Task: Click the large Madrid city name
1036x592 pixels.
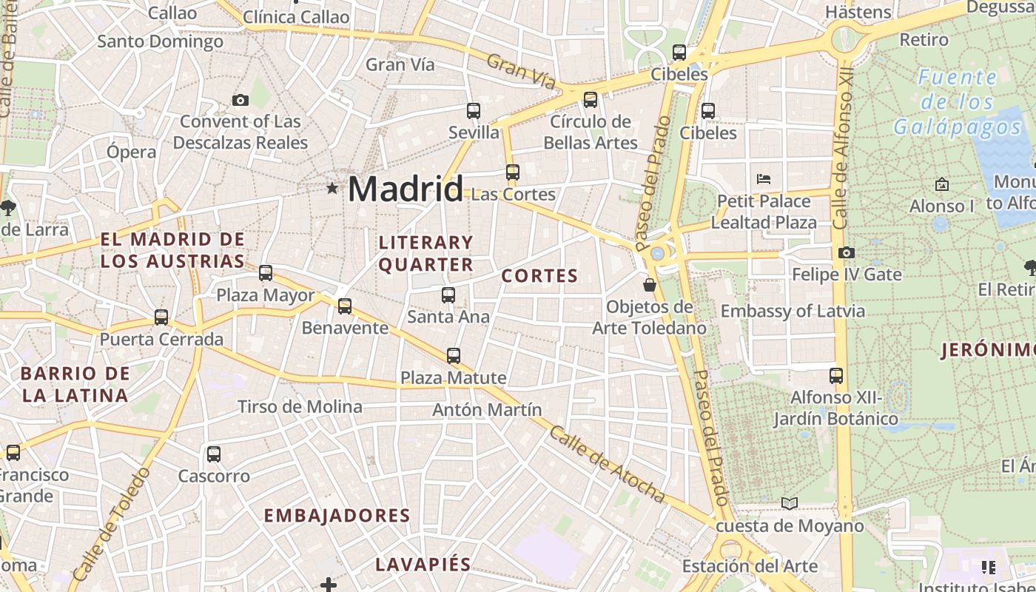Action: [405, 189]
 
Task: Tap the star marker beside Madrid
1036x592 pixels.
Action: [332, 189]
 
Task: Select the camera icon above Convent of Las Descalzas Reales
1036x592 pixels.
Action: [240, 100]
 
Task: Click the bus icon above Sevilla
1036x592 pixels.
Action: [474, 111]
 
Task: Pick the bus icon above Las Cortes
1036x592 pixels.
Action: [513, 172]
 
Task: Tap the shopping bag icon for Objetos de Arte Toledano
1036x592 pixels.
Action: [650, 285]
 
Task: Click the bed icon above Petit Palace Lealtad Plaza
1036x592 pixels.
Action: [764, 179]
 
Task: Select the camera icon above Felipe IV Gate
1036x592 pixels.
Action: [847, 253]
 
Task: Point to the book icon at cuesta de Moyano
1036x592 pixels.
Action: [790, 504]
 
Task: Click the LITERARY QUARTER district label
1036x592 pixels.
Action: [425, 253]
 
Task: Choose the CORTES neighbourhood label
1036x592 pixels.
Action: [539, 276]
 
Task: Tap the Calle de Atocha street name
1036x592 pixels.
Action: [606, 465]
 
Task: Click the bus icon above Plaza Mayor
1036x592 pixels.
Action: [266, 273]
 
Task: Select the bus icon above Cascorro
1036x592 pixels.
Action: [214, 454]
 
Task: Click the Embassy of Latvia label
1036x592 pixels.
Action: [793, 311]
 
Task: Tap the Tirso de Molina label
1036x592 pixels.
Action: [300, 406]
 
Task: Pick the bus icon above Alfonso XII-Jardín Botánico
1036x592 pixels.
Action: [836, 375]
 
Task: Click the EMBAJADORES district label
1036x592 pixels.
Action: [337, 516]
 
